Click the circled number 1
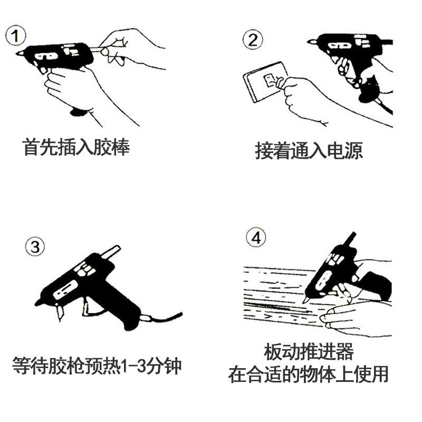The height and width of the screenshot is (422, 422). pyautogui.click(x=15, y=36)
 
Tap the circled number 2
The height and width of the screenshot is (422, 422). pyautogui.click(x=253, y=40)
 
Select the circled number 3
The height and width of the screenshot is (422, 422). pyautogui.click(x=35, y=246)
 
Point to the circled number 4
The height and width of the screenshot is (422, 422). pyautogui.click(x=256, y=238)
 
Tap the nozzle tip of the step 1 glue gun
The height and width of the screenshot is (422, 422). pyautogui.click(x=17, y=53)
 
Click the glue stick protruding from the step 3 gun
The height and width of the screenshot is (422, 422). pyautogui.click(x=111, y=253)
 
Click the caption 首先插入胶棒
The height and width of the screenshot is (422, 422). pyautogui.click(x=76, y=147)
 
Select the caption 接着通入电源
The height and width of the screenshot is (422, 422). pyautogui.click(x=309, y=151)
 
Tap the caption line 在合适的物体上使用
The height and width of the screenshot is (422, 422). pyautogui.click(x=308, y=375)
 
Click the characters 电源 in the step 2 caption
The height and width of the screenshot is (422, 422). pyautogui.click(x=345, y=151)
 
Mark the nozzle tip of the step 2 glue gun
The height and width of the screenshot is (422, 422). pyautogui.click(x=309, y=42)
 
